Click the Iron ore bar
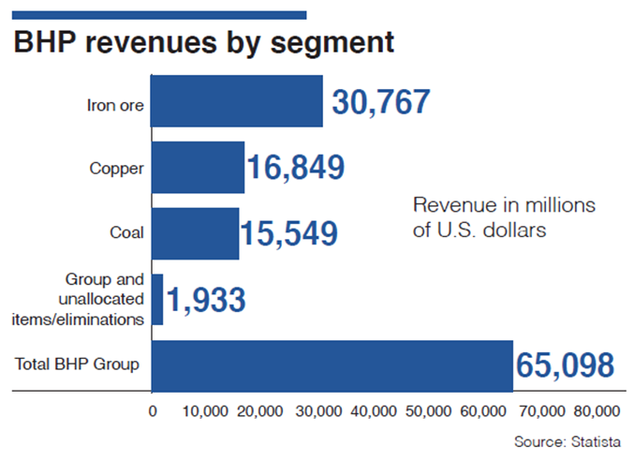click(236, 101)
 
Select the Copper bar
click(197, 168)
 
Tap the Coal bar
click(194, 232)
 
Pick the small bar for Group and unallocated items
click(157, 299)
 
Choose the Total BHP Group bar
click(332, 365)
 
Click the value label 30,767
click(376, 101)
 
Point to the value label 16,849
click(295, 168)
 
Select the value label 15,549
click(288, 233)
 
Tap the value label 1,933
click(205, 300)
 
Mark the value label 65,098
click(565, 365)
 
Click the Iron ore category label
click(114, 105)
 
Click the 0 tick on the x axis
click(152, 410)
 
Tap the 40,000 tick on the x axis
click(374, 410)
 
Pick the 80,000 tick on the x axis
click(596, 410)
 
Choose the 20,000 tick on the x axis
click(263, 410)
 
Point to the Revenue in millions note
click(506, 216)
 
